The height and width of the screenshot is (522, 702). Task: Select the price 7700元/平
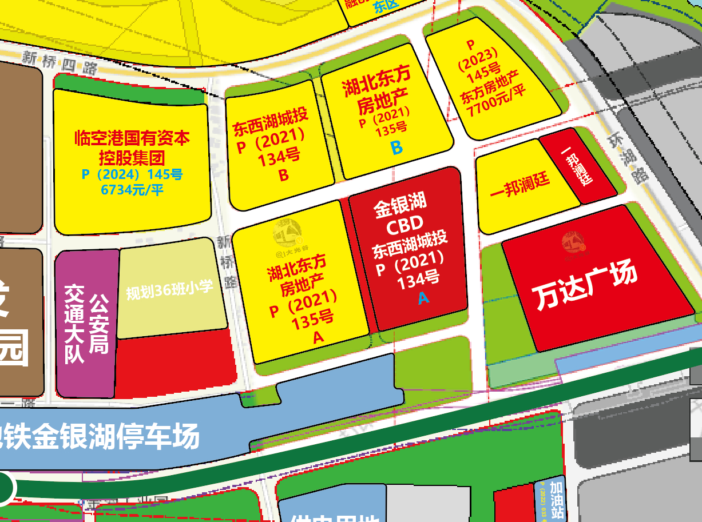click(x=495, y=106)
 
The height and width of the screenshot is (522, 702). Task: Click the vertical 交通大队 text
click(x=74, y=324)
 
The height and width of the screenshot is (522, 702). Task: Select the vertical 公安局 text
click(x=99, y=324)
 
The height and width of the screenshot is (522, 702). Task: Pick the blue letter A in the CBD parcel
click(x=423, y=298)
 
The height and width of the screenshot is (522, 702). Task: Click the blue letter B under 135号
click(x=396, y=148)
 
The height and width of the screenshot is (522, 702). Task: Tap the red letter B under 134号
click(x=283, y=176)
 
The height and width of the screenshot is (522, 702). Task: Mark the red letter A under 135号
click(x=318, y=338)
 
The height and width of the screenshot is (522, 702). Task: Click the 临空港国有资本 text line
click(x=132, y=138)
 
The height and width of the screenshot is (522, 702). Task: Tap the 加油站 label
click(x=556, y=497)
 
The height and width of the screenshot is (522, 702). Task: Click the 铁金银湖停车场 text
click(x=100, y=437)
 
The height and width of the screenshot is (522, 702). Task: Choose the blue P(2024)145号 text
click(x=132, y=174)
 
